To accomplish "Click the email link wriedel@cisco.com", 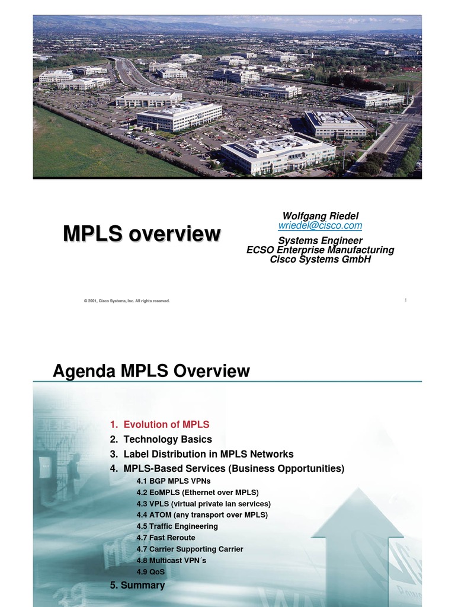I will click(320, 226).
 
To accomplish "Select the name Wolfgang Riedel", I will click(320, 216).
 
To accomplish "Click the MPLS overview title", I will click(142, 234).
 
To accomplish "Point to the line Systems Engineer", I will click(320, 241).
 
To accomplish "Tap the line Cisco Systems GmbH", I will click(320, 259).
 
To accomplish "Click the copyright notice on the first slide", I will click(127, 301).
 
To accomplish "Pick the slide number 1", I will click(405, 301).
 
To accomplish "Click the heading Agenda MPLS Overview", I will click(151, 372).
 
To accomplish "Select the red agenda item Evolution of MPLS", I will click(160, 424).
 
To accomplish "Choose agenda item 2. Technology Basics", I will click(161, 439).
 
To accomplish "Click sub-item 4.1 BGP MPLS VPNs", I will click(173, 481).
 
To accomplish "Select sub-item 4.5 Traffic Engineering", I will click(177, 526).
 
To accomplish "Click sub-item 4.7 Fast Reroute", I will click(165, 537).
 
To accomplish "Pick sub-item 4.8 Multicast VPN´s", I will click(171, 560).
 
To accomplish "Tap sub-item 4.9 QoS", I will click(150, 572).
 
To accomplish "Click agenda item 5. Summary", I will click(137, 585).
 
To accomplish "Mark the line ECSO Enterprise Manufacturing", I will click(320, 250).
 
